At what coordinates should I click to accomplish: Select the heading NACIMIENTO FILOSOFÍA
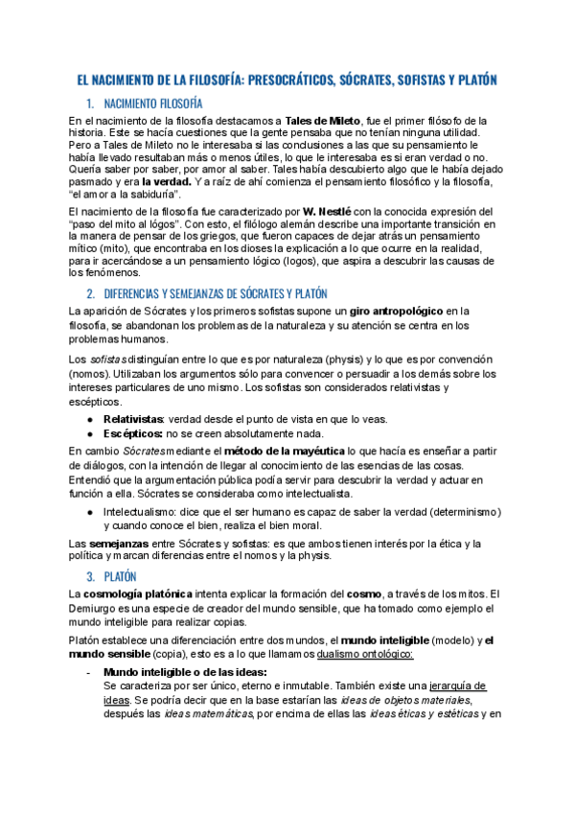click(x=151, y=104)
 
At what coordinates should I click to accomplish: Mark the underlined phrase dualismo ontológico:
click(x=353, y=655)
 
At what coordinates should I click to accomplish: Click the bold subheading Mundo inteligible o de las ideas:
click(x=185, y=672)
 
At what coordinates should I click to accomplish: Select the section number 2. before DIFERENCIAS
click(x=90, y=292)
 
